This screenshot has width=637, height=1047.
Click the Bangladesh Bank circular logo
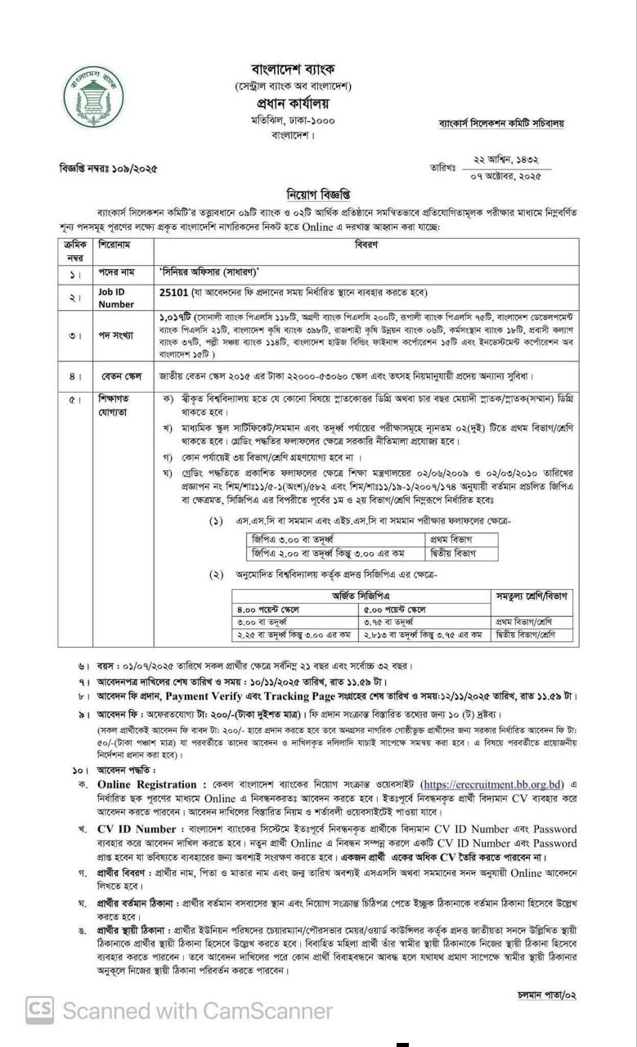click(x=93, y=97)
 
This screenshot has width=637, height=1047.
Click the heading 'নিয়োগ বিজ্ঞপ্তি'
click(x=318, y=195)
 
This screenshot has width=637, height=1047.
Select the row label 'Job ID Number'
click(x=116, y=298)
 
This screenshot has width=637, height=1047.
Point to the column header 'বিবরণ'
click(x=366, y=244)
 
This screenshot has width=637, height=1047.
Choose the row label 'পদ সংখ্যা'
click(x=117, y=335)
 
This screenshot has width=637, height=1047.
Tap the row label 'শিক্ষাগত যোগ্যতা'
click(x=117, y=407)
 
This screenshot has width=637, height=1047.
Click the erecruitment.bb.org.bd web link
click(x=496, y=784)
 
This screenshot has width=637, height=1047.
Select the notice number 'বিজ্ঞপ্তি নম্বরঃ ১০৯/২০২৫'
click(x=108, y=169)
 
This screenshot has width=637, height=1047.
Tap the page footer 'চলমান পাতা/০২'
click(x=547, y=995)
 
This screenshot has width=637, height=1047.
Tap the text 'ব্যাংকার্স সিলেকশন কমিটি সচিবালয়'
click(x=501, y=124)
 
